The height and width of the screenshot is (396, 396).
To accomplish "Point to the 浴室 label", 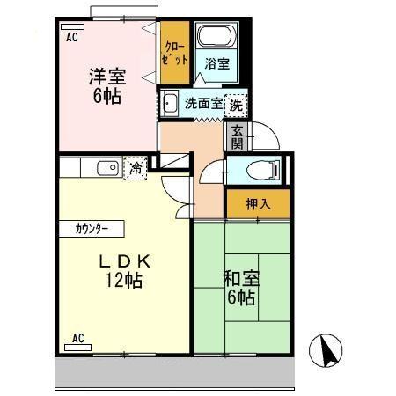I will tap(216, 64).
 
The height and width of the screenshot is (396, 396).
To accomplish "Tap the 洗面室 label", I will tap(203, 104).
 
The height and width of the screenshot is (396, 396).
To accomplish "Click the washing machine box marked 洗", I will tap(237, 103).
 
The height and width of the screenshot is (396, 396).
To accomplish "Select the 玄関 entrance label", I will tap(237, 136).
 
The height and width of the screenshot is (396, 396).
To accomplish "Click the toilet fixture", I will tap(260, 170).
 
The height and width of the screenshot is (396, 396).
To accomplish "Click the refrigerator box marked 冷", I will tap(136, 167).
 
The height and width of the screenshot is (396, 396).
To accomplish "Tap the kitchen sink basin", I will tap(107, 168).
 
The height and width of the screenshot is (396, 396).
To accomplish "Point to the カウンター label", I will tap(86, 229).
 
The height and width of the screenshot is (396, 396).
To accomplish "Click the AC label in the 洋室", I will tap(71, 38).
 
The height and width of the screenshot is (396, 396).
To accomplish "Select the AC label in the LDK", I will tap(77, 338).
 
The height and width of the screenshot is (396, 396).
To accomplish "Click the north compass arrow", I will tap(325, 352).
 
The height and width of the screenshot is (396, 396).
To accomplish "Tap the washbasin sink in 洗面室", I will tap(170, 105).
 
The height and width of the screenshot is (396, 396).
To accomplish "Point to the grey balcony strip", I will tap(176, 374).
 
